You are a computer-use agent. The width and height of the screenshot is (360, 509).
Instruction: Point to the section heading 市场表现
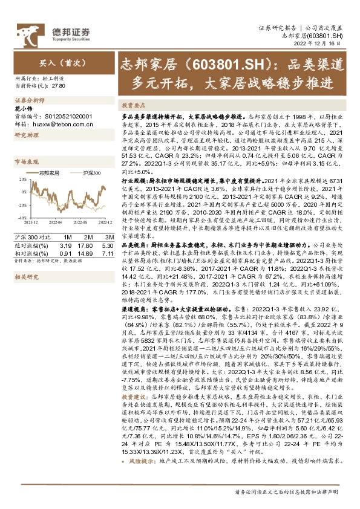pyautogui.click(x=27, y=161)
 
